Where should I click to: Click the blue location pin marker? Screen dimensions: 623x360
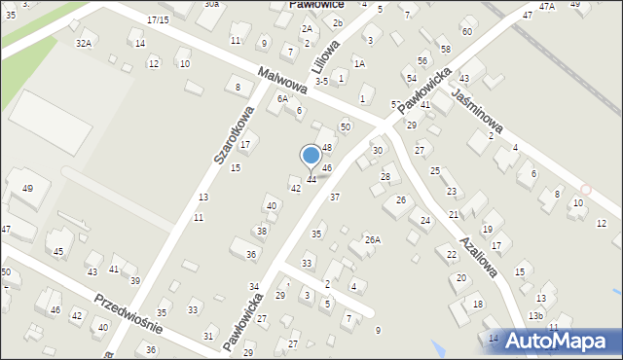pos(311,156)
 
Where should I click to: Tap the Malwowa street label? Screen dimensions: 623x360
pos(283,80)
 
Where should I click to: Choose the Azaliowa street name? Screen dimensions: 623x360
pos(480,253)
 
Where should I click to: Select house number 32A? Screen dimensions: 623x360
pos(84,43)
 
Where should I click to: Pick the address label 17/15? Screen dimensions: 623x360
pos(158,19)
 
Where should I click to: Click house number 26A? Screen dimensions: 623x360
pos(372,239)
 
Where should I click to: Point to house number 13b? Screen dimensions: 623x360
pos(535,315)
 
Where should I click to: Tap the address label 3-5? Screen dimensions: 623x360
pos(320,82)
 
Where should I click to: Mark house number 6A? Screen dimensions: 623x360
pos(282,98)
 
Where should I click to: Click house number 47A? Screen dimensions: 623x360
pos(547,7)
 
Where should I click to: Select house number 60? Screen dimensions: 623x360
pos(466,32)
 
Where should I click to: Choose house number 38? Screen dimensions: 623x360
pos(262,231)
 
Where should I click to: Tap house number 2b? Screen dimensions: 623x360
pos(337,22)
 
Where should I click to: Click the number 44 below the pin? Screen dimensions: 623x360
pos(311,180)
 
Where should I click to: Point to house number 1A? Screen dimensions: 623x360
pos(359,63)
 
